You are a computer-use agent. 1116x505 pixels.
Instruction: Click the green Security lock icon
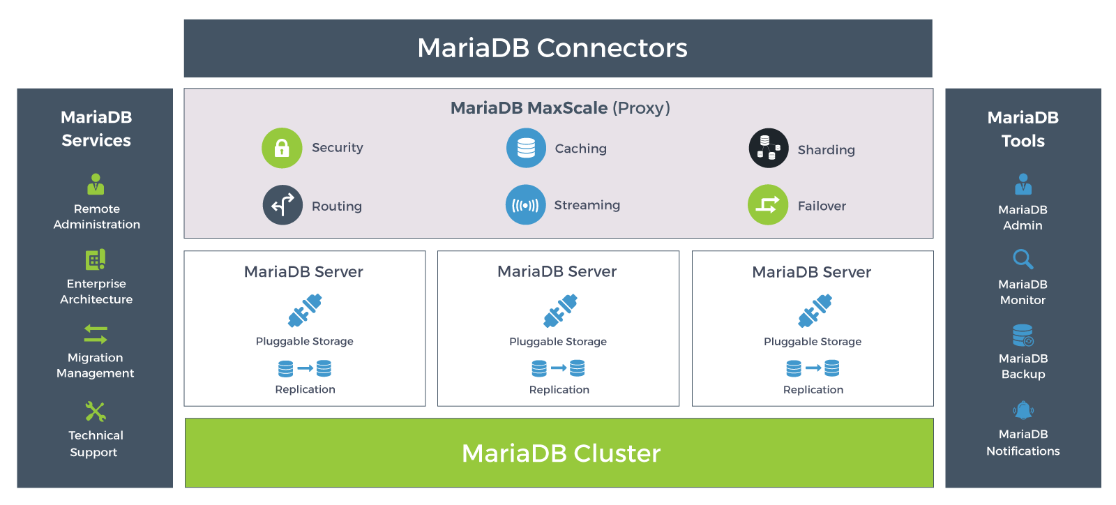click(x=282, y=148)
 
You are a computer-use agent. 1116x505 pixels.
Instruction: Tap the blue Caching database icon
click(x=526, y=148)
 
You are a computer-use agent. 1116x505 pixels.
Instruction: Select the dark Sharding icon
click(x=769, y=148)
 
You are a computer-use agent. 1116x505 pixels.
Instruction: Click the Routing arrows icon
click(x=282, y=205)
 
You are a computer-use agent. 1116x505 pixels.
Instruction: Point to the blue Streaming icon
click(x=525, y=205)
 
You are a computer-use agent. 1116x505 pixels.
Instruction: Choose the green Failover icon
click(x=768, y=205)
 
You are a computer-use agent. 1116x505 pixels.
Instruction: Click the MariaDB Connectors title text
click(x=552, y=48)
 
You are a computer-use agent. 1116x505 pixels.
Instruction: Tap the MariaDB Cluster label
click(x=561, y=453)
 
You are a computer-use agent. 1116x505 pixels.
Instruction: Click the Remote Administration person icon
click(x=96, y=184)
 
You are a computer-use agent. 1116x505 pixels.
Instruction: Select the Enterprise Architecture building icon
click(x=96, y=259)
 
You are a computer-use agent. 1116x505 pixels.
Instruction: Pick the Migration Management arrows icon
click(x=96, y=334)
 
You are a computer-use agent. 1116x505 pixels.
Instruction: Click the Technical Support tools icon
click(x=96, y=412)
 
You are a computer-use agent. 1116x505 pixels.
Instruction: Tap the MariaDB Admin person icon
click(x=1023, y=184)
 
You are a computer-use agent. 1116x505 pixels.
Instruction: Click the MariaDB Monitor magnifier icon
click(x=1023, y=259)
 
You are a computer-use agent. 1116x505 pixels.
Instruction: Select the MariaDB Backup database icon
click(x=1023, y=336)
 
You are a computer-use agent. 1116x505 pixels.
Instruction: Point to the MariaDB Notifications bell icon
click(x=1023, y=410)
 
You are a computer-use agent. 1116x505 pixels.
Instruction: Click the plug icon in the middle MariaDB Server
click(x=560, y=311)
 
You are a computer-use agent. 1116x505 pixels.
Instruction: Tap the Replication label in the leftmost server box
click(x=305, y=389)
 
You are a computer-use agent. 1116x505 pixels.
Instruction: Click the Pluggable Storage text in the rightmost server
click(x=813, y=342)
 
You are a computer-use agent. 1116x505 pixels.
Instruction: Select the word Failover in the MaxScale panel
click(x=822, y=206)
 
